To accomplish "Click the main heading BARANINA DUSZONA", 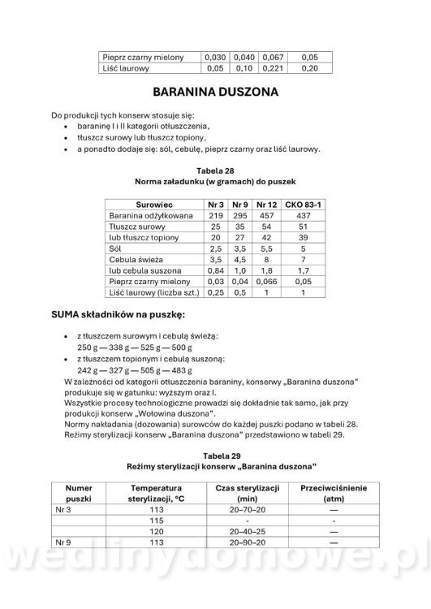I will pos(215,93).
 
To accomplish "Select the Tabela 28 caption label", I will pos(215,170).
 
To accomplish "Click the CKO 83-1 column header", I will pos(302,204).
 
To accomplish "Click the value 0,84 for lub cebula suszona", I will pos(215,270).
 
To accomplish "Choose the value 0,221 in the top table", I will pos(274,69).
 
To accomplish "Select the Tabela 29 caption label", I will pos(215,456).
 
